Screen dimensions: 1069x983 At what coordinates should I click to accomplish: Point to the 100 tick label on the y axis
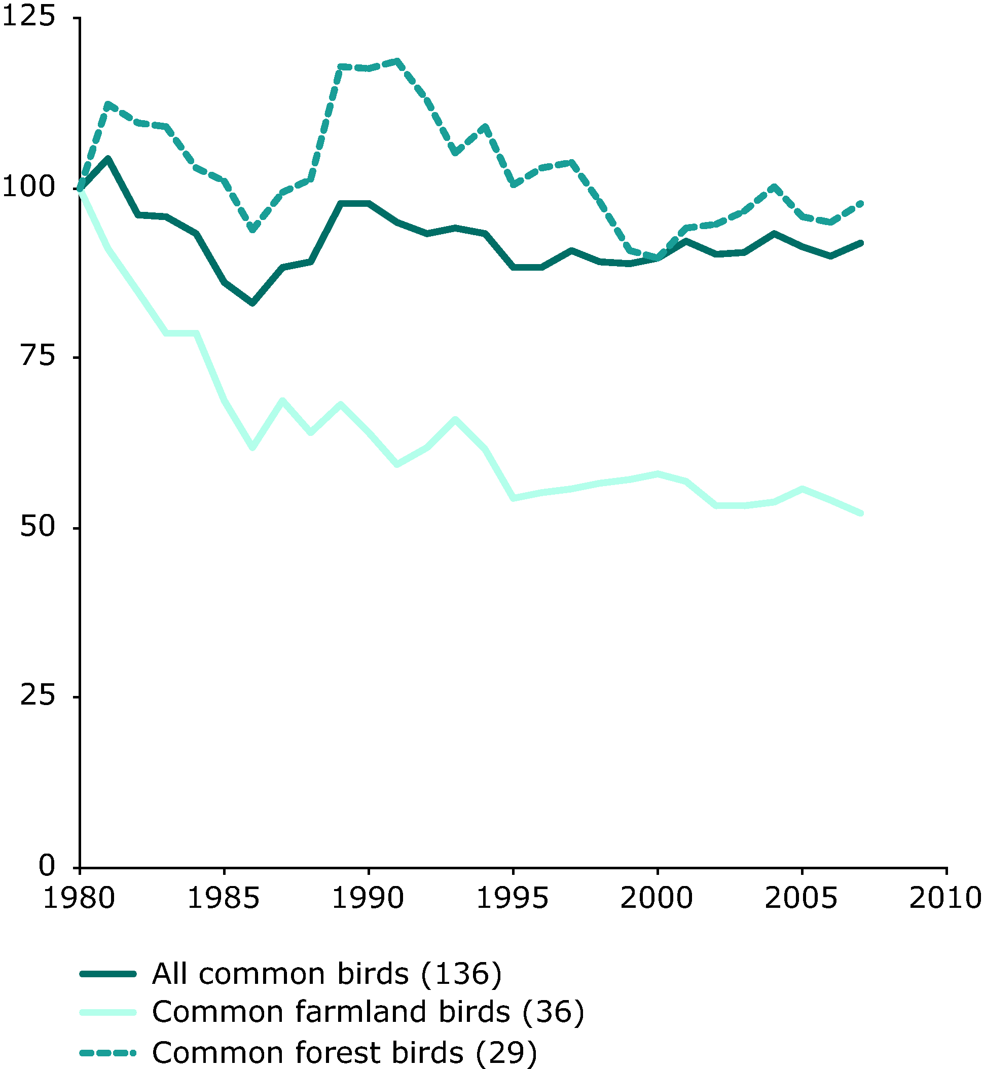(29, 187)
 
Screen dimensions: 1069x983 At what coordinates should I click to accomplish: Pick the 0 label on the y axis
(47, 865)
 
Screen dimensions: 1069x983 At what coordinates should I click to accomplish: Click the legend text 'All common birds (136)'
(326, 974)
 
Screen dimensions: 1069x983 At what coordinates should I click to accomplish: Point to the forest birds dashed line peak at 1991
(397, 61)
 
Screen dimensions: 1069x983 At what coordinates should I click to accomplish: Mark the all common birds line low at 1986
(252, 303)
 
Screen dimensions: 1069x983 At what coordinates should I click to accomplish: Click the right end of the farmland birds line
(861, 513)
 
